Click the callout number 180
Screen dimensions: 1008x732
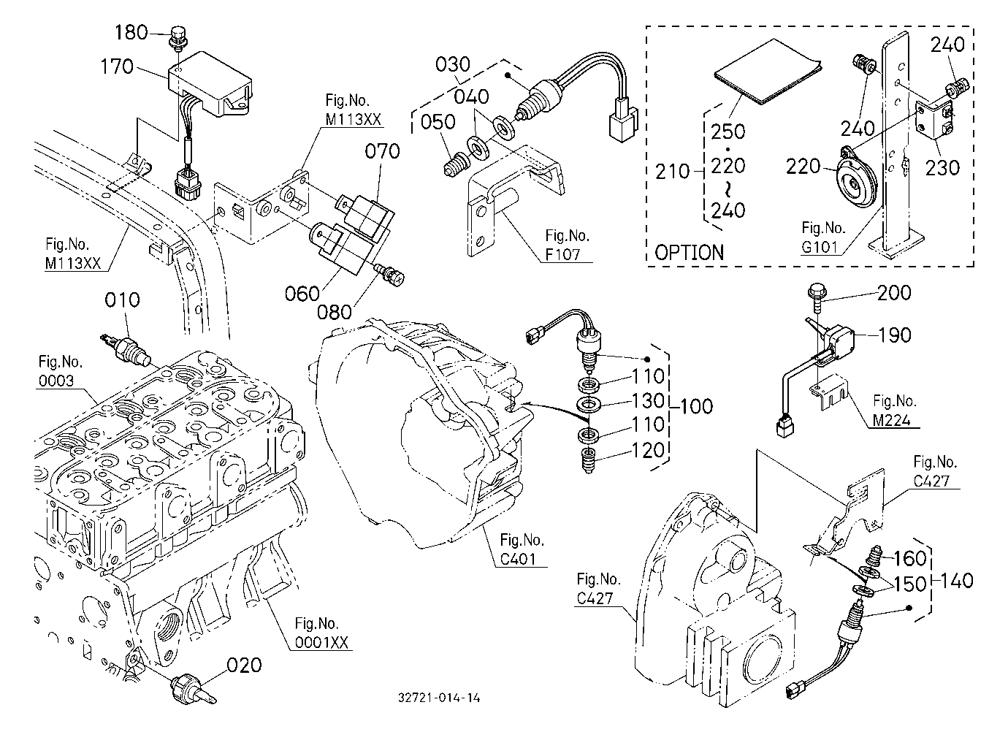coord(131,32)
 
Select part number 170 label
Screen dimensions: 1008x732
coord(117,66)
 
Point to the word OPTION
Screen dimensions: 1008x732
coord(689,253)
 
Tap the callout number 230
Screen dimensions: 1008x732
coord(942,168)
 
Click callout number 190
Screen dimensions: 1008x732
coord(894,335)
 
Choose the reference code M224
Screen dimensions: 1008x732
coord(891,420)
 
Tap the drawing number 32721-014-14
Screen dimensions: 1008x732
coord(439,698)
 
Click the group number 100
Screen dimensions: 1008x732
coord(696,406)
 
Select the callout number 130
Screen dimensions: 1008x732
coord(648,400)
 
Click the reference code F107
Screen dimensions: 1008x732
coord(563,254)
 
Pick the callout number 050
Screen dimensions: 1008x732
coord(438,122)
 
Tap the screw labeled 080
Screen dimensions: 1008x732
coord(390,275)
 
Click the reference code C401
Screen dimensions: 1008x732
coord(518,559)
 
